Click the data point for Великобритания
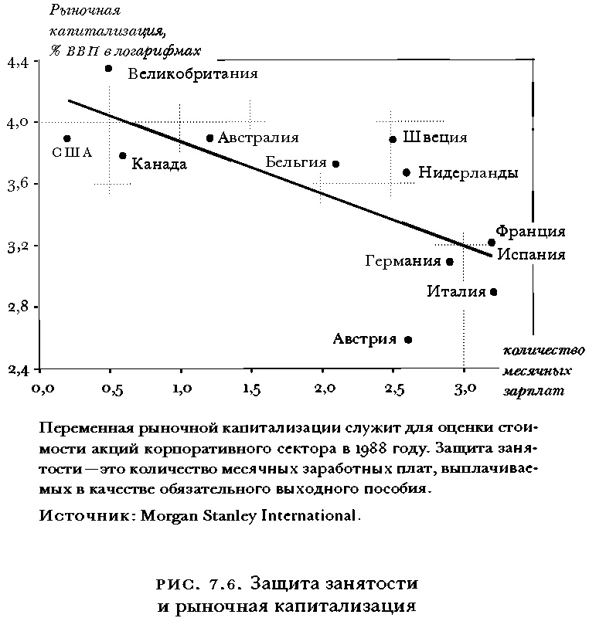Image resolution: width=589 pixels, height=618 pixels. click(109, 69)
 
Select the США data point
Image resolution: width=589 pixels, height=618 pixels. click(67, 138)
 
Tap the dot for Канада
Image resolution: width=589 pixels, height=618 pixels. click(123, 156)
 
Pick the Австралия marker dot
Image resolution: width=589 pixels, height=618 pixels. click(209, 138)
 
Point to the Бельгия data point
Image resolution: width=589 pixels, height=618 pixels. click(335, 164)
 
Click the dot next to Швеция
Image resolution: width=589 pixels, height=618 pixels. click(393, 139)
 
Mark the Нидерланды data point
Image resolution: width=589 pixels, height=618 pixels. click(407, 172)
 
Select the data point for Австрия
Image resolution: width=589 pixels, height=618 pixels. click(408, 339)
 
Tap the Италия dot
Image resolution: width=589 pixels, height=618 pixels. click(493, 292)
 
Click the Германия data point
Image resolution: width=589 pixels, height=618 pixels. click(450, 262)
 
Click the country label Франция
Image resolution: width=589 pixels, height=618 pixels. click(530, 231)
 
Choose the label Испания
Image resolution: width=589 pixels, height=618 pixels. click(530, 253)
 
